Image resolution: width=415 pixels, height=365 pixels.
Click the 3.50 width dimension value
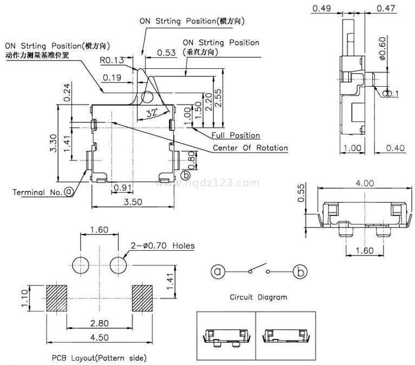click(x=133, y=201)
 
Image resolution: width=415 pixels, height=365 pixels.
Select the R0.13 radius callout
click(x=112, y=60)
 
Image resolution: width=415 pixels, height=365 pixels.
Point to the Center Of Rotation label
click(x=250, y=148)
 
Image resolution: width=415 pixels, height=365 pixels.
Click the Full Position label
click(x=236, y=135)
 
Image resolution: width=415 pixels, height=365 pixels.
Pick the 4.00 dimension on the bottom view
click(x=364, y=183)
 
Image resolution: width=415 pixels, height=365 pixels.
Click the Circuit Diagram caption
click(x=258, y=297)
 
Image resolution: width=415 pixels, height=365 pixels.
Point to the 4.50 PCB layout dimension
click(x=99, y=337)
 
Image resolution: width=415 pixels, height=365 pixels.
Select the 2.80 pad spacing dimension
click(x=99, y=323)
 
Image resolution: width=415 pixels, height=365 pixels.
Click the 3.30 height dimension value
click(x=53, y=144)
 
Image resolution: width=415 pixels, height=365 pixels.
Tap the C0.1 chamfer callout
click(x=390, y=94)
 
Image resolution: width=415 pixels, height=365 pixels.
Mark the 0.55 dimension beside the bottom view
click(x=302, y=192)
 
